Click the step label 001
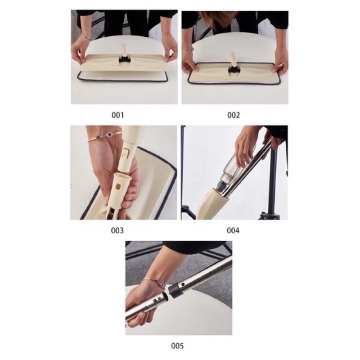pos(117,115)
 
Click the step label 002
pos(234,115)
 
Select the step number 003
pos(117,230)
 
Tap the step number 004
pos(233,230)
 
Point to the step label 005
pos(177,346)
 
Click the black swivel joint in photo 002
pos(234,69)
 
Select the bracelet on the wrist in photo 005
pos(153,283)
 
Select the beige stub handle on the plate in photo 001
pos(123,49)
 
